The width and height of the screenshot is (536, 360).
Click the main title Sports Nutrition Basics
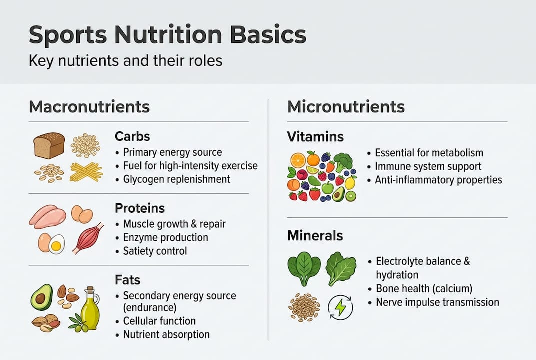point(167,36)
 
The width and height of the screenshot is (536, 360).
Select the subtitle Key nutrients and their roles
point(125,61)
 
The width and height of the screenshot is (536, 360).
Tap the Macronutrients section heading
point(89,107)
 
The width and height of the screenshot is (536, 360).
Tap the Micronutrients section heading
point(346,107)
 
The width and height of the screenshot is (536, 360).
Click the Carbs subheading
point(132,136)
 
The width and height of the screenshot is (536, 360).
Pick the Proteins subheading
point(140,208)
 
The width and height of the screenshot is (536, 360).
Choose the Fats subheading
point(128,280)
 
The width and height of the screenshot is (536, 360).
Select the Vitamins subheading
point(315,136)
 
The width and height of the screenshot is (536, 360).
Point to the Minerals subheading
point(315,235)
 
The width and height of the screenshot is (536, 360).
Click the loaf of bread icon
point(49,145)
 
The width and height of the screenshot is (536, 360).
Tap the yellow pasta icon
point(86,171)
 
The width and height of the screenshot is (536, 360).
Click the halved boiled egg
point(56,244)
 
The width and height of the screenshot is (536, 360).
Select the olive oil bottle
point(90,308)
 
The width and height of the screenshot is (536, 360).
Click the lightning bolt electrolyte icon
point(340,308)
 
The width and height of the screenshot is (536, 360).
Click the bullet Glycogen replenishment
point(176,178)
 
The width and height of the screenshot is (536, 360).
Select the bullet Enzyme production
point(165,237)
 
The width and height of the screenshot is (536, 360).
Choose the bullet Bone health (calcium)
point(424,288)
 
